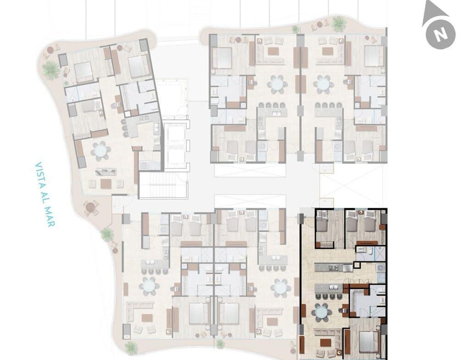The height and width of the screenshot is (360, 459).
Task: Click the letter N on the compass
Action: [x=441, y=34]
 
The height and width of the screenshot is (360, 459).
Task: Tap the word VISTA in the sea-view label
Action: [x=39, y=172]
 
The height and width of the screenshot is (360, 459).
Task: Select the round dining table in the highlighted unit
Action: [x=322, y=312]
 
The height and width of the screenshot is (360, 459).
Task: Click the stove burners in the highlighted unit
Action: [x=333, y=267]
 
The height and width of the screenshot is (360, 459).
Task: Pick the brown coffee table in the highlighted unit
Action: [x=326, y=342]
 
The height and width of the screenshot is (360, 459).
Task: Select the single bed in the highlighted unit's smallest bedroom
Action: [x=323, y=222]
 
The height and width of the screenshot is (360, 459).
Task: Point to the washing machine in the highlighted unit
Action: [x=381, y=268]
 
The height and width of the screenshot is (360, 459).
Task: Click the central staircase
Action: [x=163, y=185]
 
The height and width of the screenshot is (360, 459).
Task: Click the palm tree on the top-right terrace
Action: [x=339, y=24]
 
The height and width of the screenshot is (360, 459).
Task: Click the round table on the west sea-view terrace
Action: [x=90, y=207]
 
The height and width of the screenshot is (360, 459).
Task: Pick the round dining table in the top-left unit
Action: [x=101, y=151]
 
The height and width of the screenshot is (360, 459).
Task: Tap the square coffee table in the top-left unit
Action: [x=106, y=183]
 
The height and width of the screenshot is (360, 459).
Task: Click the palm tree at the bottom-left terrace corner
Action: [x=131, y=348]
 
